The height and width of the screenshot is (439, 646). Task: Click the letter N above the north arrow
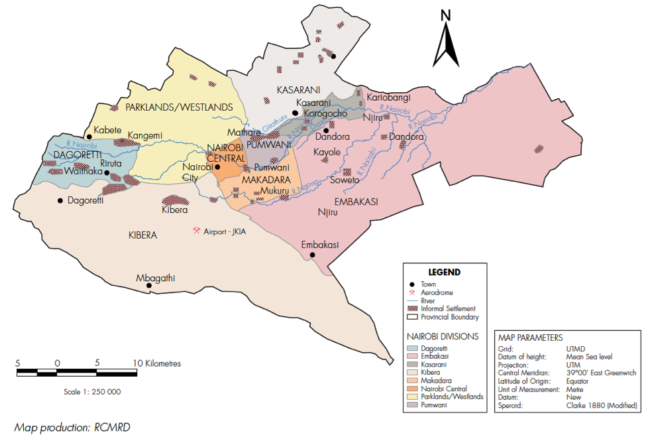pyautogui.click(x=446, y=15)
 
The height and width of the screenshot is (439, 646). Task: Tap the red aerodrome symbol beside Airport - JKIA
pyautogui.click(x=196, y=231)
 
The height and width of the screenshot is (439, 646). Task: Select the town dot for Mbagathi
pyautogui.click(x=149, y=286)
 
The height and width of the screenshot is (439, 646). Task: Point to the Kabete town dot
pyautogui.click(x=89, y=137)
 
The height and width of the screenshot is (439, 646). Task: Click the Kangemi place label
pyautogui.click(x=145, y=136)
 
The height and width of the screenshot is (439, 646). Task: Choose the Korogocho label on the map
pyautogui.click(x=325, y=113)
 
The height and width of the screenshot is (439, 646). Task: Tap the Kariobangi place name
pyautogui.click(x=388, y=97)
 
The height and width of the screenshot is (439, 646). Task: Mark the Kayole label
pyautogui.click(x=327, y=153)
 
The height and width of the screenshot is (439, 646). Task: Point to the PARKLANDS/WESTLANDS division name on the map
pyautogui.click(x=179, y=107)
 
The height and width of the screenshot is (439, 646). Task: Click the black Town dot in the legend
pyautogui.click(x=412, y=284)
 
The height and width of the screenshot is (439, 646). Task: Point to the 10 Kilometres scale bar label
pyautogui.click(x=157, y=363)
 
